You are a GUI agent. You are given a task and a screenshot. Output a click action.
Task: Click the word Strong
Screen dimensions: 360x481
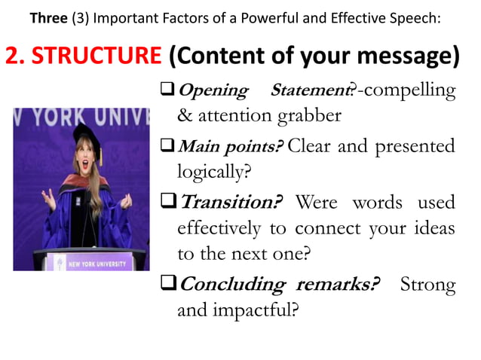pyautogui.click(x=427, y=285)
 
